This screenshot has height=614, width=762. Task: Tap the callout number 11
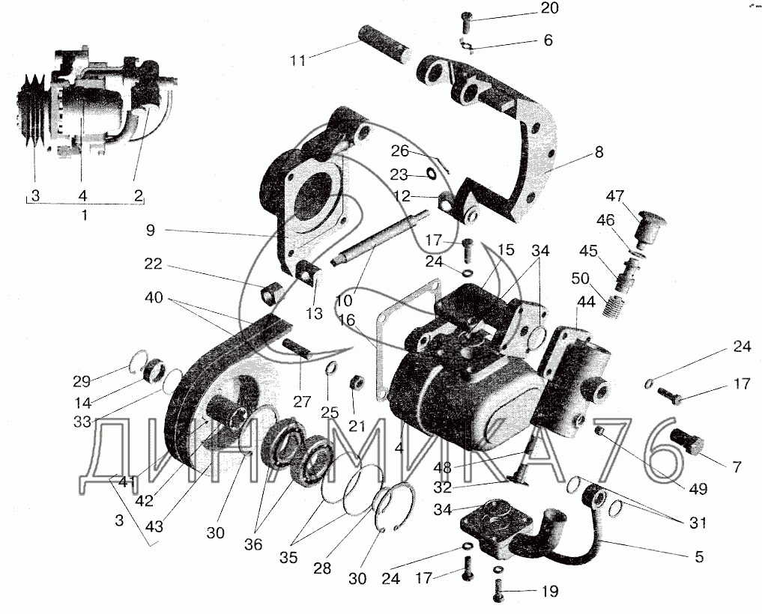pos(298,61)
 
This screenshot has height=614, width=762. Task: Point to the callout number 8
pos(598,152)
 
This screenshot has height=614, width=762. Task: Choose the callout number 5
pos(699,556)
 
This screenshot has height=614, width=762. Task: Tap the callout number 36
pos(254,544)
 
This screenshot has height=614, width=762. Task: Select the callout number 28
pos(322,569)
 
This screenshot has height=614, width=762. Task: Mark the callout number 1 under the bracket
pos(83,215)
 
